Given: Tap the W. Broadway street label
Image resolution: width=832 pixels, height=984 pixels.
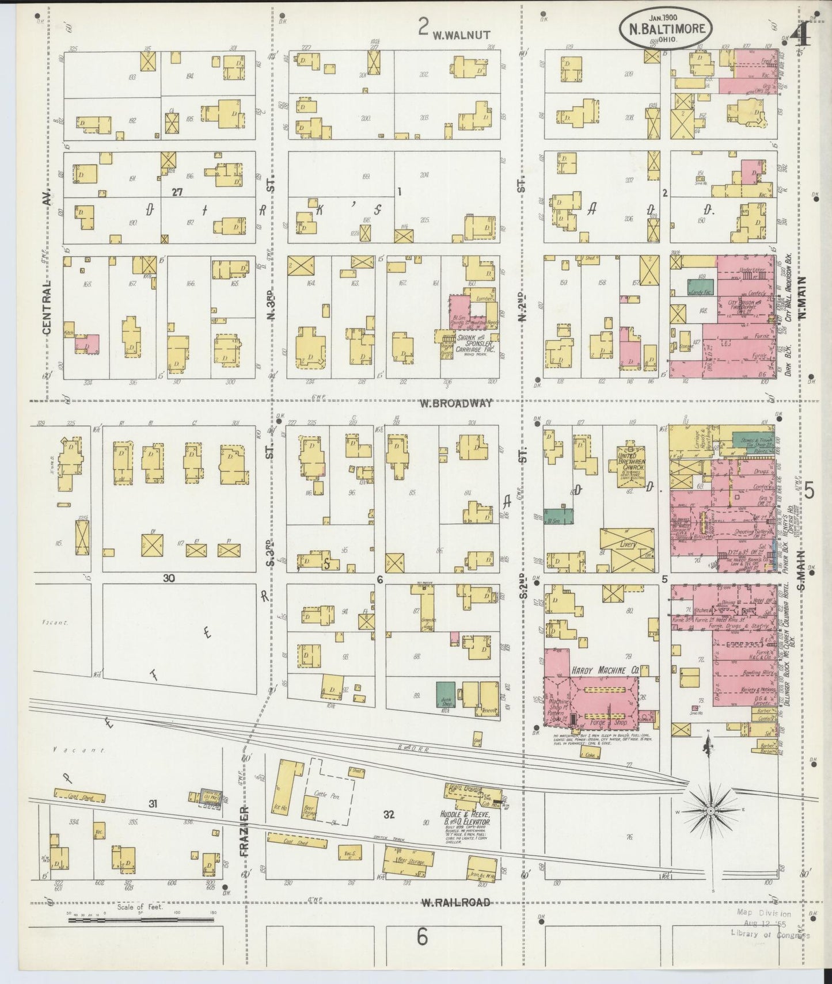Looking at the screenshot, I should (455, 403).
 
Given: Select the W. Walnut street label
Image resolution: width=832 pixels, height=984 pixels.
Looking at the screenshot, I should (461, 35).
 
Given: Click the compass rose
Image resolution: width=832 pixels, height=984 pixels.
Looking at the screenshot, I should (711, 810).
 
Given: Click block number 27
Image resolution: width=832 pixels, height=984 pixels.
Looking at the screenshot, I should (177, 193).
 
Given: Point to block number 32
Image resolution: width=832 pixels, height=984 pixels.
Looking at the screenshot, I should (388, 814).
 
